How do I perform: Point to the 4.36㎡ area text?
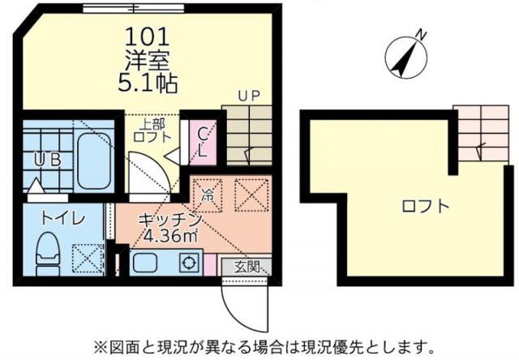point(166,236)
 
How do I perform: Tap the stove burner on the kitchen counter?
point(189,264)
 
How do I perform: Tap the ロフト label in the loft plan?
point(425,205)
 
